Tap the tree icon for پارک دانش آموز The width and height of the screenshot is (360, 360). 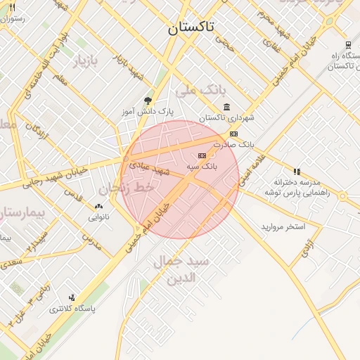[x=147, y=101]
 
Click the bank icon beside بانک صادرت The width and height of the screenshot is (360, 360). [x=233, y=134]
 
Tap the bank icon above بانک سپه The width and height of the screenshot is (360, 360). [x=202, y=155]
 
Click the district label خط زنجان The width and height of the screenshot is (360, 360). [x=126, y=188]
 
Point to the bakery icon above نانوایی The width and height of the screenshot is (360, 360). [x=98, y=207]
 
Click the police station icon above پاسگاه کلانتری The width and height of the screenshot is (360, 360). [x=72, y=297]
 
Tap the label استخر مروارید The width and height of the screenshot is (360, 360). [x=283, y=226]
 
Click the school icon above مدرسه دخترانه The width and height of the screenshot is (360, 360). [x=297, y=172]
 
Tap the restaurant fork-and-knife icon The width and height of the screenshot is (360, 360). [x=12, y=7]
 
